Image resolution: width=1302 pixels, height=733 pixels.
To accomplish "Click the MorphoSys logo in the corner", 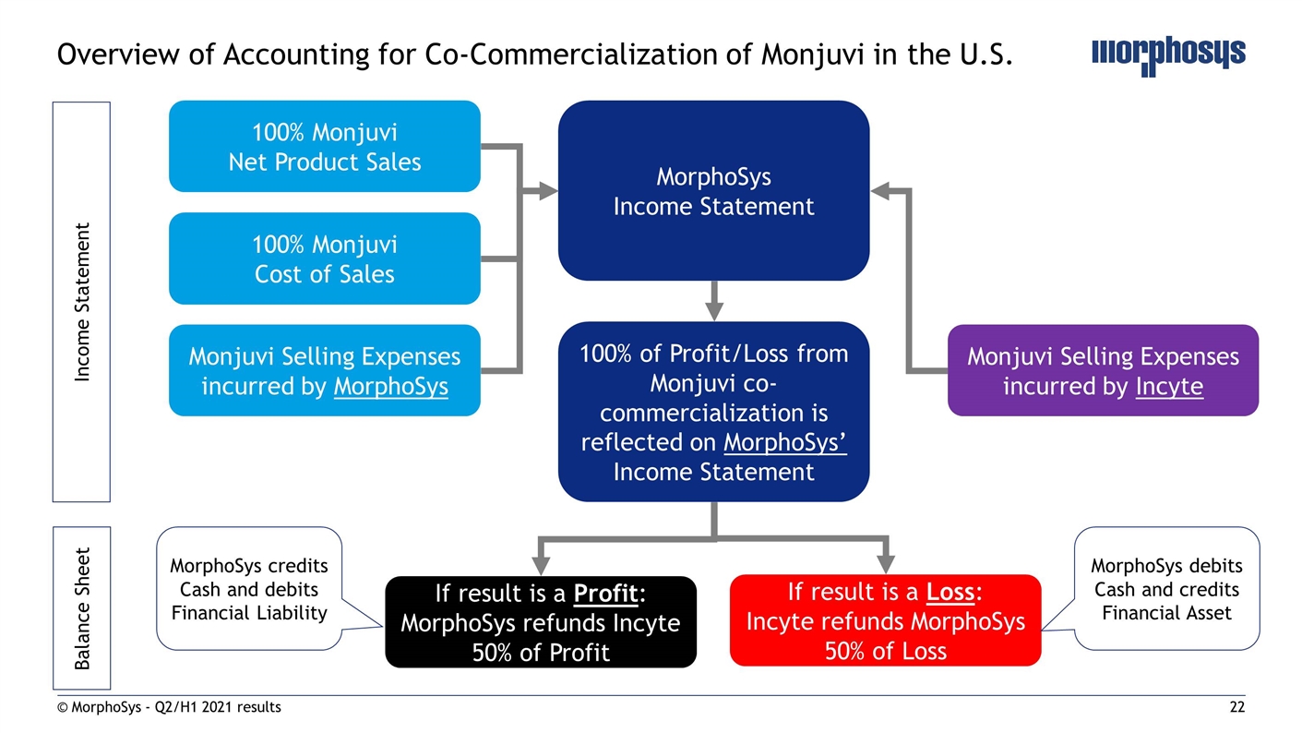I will pos(1167,54).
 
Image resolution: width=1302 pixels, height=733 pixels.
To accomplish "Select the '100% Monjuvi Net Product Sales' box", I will pos(324,146).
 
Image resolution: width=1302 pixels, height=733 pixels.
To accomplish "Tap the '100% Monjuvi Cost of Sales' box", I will pos(324,258).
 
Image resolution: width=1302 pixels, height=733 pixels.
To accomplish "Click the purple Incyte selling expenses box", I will pos(1103,370).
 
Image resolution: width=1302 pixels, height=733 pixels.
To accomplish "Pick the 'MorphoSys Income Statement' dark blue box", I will pos(713,191).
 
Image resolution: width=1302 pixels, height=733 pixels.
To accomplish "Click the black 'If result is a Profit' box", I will pos(540,621).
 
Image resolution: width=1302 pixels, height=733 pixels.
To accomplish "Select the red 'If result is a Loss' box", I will pos(885,620).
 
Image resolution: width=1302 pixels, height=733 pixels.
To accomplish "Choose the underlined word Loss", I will pos(950,592).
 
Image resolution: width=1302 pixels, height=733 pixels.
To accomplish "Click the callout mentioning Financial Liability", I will pos(248,589).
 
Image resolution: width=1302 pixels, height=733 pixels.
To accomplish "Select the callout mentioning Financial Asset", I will pos(1166,589).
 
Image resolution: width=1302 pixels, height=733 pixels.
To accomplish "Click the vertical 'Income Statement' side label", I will pos(82,302).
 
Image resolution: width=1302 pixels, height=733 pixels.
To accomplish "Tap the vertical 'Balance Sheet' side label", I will pos(82,608).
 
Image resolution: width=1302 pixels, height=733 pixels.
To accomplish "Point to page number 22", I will pos(1236,707).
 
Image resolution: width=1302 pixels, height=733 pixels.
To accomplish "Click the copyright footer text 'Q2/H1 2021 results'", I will pos(221,707).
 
